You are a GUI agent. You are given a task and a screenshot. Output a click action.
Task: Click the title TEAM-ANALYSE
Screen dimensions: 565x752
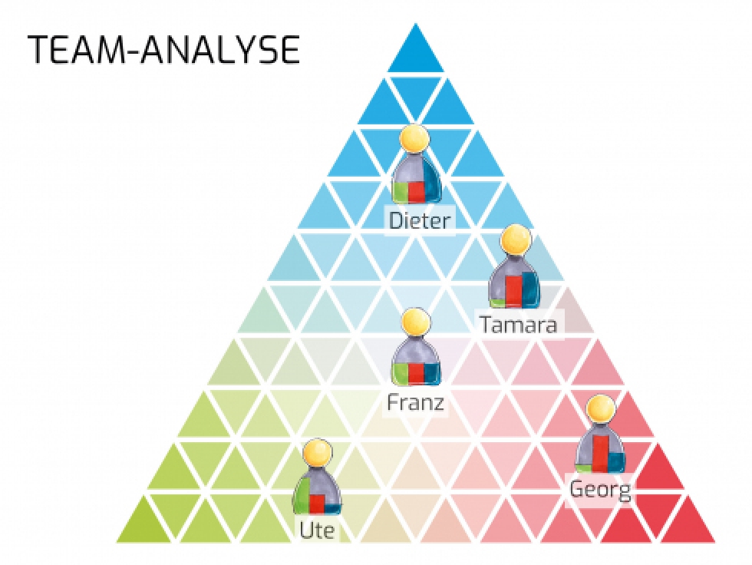tap(163, 49)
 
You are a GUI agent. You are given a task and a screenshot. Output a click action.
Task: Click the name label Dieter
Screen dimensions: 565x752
tap(421, 221)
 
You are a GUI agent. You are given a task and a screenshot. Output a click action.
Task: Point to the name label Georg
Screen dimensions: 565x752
tap(600, 489)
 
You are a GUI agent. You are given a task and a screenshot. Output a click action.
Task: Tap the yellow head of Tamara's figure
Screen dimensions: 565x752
tap(516, 240)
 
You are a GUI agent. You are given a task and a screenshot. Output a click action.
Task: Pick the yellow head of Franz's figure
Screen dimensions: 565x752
tap(416, 322)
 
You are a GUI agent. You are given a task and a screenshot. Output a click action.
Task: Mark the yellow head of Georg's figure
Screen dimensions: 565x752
tap(602, 409)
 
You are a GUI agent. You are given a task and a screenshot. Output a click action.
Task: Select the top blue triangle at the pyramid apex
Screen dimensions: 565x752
tap(415, 51)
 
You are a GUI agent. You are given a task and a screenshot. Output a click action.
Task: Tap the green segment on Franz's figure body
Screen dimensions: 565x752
tap(400, 374)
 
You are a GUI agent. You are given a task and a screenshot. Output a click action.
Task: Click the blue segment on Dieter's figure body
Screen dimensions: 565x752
tap(432, 184)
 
